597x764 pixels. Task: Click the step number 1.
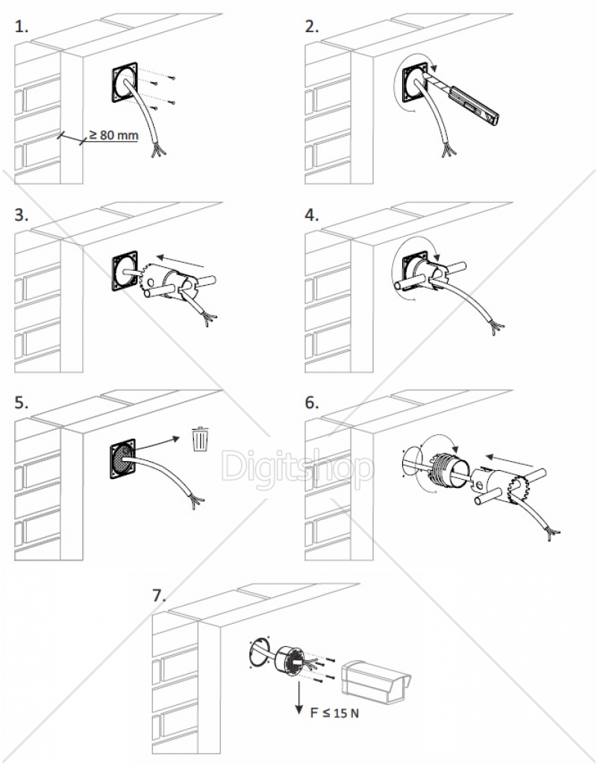point(22,28)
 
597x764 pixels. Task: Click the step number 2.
point(312,28)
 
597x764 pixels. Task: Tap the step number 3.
point(22,216)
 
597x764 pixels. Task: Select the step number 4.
point(312,216)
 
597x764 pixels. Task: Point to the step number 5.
point(22,403)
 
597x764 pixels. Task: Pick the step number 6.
point(312,403)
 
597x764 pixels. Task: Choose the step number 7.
point(159,595)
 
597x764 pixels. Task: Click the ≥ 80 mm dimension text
point(113,135)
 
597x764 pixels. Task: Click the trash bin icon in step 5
point(200,439)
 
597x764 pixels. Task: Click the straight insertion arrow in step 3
point(182,261)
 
